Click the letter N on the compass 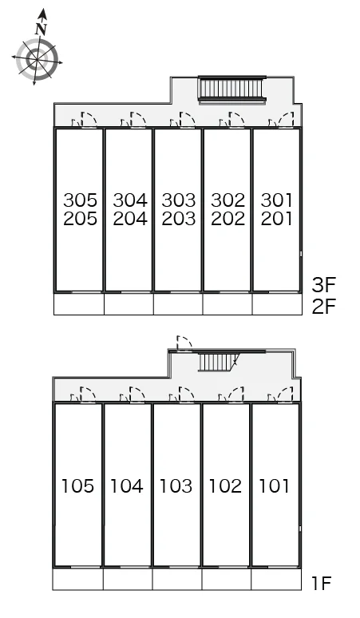41,29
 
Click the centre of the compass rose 37,60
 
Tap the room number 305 81,200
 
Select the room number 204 130,219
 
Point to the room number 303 179,200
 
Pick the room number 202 228,219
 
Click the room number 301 276,200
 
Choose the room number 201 276,219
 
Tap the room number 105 78,486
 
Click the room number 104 127,486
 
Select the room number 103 176,486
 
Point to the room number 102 225,486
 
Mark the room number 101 274,486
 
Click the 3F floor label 323,285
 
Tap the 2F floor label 323,307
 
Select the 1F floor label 322,584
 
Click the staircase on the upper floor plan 232,89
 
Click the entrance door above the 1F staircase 184,343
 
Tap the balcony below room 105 78,579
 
